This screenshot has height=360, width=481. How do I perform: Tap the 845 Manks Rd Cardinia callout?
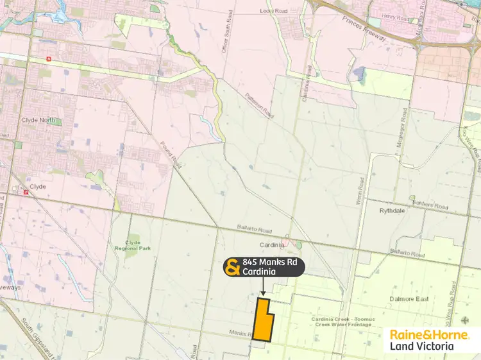pos(264,267)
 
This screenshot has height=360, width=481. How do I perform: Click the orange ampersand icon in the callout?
pos(232,267)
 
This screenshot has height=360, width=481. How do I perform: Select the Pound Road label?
pos(172,153)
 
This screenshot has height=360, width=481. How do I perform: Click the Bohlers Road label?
pos(432,206)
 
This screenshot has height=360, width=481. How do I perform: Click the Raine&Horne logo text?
pos(425,334)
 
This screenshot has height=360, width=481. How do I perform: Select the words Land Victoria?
pos(421,347)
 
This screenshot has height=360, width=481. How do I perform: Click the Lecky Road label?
pos(272,11)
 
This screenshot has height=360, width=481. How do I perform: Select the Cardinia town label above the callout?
pos(272,244)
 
